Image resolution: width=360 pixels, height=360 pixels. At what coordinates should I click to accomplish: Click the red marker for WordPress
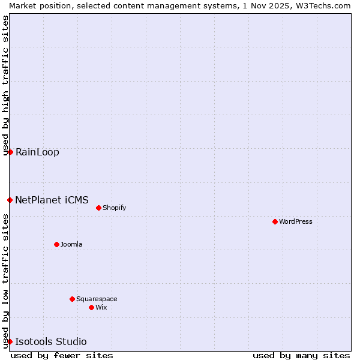click(x=275, y=221)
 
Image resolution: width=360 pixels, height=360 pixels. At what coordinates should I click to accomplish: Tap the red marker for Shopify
click(x=98, y=208)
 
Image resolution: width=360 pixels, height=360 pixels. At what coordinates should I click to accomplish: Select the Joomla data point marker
click(x=56, y=244)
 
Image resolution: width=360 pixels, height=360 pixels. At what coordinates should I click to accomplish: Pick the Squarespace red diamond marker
click(x=72, y=299)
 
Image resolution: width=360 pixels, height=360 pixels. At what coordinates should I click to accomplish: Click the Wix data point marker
click(x=91, y=307)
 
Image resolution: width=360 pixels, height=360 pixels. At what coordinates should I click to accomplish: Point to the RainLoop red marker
click(x=10, y=152)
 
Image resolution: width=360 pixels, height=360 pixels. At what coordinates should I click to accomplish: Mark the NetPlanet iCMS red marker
click(x=10, y=200)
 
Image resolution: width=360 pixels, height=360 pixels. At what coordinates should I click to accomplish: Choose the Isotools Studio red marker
click(x=10, y=341)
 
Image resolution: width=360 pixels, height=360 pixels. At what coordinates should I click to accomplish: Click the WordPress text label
click(x=296, y=221)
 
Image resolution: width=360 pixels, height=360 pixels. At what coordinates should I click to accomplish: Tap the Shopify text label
click(x=114, y=208)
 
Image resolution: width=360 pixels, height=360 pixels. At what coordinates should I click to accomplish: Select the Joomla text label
click(x=71, y=244)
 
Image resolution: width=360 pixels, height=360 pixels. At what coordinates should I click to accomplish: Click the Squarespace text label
click(x=97, y=299)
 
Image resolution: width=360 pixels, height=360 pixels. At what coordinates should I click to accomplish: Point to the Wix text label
click(x=101, y=307)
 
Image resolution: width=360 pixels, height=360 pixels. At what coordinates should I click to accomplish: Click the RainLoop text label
click(x=37, y=152)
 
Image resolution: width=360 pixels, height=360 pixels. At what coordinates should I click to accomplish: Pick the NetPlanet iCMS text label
click(x=52, y=200)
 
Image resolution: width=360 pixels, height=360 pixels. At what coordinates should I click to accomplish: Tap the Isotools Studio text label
click(x=50, y=341)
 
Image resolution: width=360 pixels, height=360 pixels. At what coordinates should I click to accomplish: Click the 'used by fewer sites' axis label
click(x=62, y=355)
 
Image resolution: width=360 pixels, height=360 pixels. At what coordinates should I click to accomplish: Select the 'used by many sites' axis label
click(x=301, y=355)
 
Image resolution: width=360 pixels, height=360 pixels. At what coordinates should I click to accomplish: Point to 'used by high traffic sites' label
click(x=5, y=85)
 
